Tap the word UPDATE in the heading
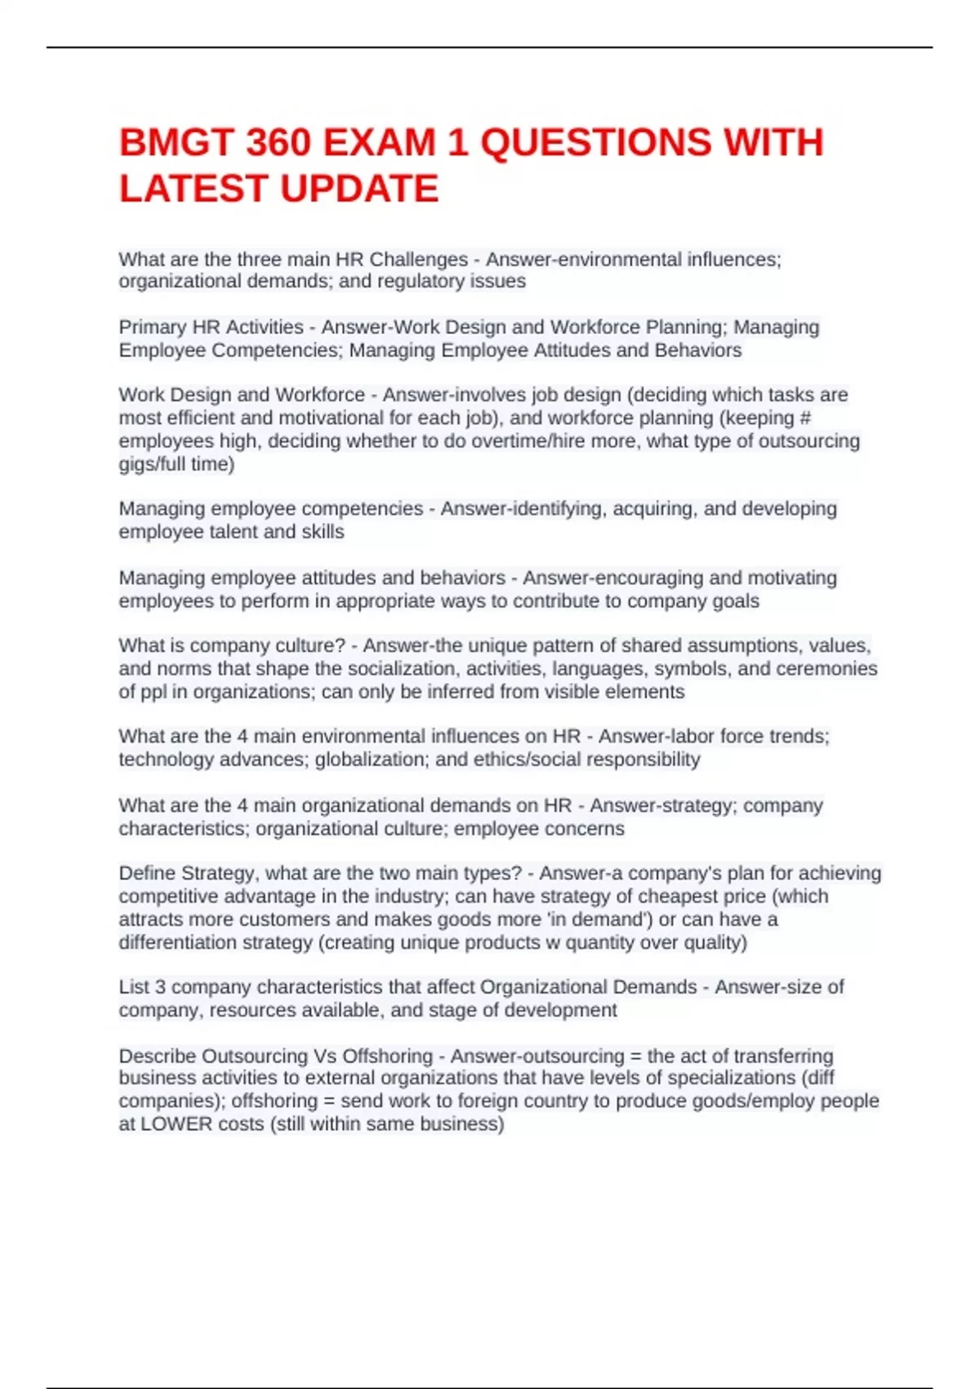(x=360, y=189)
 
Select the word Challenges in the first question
(x=418, y=259)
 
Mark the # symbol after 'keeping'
(x=805, y=418)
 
